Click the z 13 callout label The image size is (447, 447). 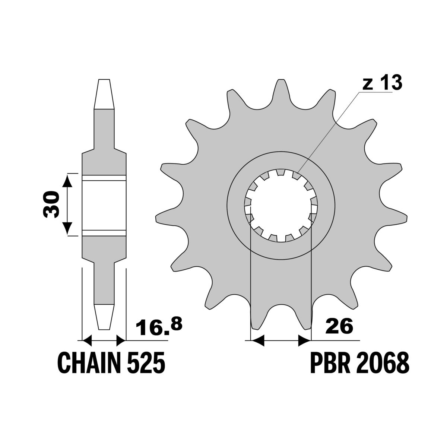(382, 83)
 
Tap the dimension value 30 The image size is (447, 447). (51, 205)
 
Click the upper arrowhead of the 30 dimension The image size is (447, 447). (67, 181)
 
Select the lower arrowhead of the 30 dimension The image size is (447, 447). (67, 228)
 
